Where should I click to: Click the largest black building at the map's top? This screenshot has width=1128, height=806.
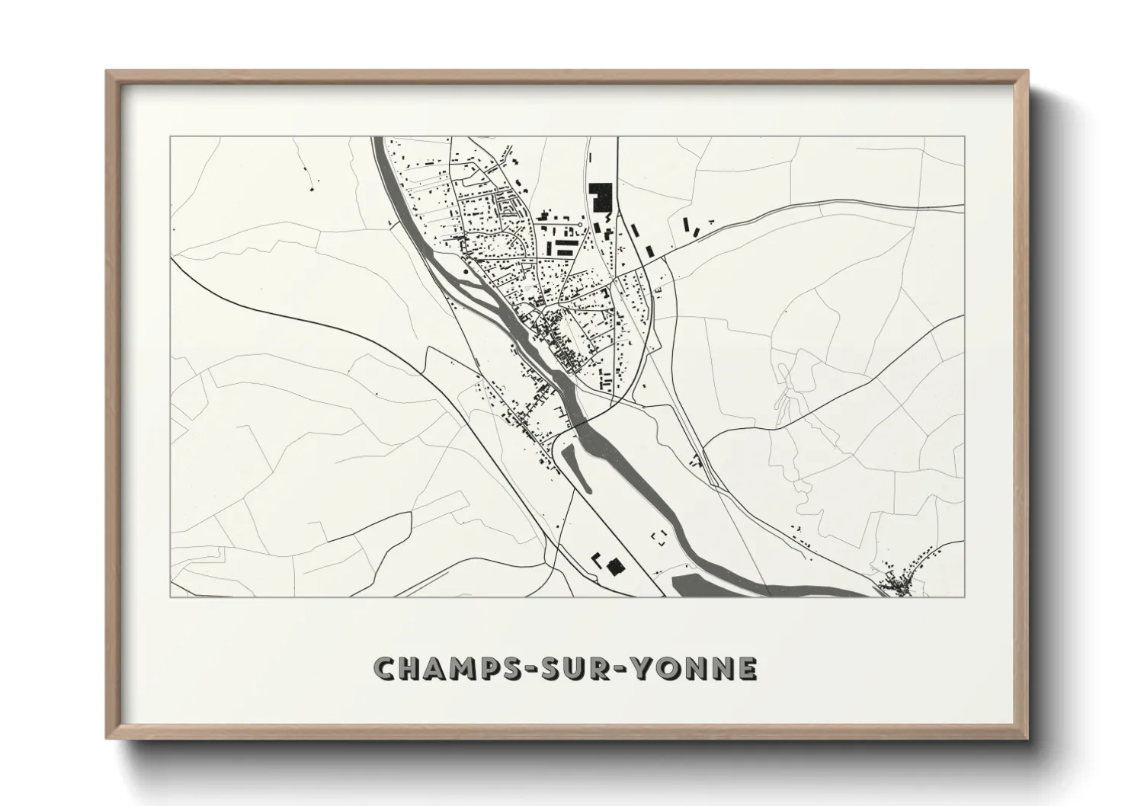click(x=601, y=197)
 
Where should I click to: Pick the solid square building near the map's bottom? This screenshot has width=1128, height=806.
click(x=614, y=566)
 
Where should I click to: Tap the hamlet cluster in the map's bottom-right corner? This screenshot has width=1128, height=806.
click(x=900, y=583)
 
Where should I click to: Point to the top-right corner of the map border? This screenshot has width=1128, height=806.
click(x=964, y=137)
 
